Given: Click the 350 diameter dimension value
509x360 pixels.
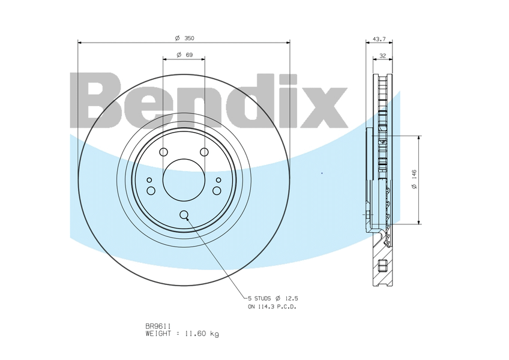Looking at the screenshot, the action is [x=185, y=38].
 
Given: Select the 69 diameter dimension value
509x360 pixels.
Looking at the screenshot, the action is [x=185, y=55].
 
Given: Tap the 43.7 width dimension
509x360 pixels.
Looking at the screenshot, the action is [x=379, y=39].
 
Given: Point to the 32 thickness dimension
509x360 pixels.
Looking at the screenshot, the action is [x=383, y=56].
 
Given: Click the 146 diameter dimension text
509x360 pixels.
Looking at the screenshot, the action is [x=414, y=179].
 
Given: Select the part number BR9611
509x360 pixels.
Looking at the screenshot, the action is [x=158, y=326].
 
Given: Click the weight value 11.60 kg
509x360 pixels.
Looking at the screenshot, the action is [x=202, y=334].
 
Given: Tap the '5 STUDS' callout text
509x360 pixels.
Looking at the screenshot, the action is [x=259, y=298].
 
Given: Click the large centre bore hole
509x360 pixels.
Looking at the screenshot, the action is [x=184, y=180].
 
